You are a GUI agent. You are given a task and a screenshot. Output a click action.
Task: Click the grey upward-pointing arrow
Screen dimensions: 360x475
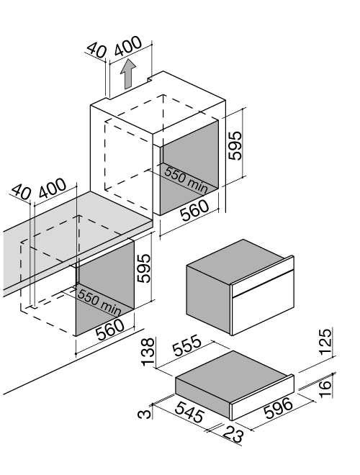[127, 74]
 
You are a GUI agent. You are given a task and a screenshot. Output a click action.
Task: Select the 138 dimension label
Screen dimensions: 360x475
[148, 352]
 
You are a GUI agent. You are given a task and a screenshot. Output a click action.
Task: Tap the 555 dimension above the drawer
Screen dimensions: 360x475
[186, 345]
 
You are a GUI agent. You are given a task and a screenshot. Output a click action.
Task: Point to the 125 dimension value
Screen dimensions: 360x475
[325, 341]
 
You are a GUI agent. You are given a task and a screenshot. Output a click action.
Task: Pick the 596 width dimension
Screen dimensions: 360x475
[278, 408]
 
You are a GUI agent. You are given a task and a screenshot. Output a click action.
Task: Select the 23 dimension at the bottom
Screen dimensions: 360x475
[233, 435]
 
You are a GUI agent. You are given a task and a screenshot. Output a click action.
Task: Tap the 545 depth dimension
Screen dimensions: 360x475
[189, 412]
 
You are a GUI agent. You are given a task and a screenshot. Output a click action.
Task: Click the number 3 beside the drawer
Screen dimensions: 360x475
[144, 414]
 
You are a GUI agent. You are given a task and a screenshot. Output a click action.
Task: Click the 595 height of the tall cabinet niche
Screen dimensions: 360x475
[235, 145]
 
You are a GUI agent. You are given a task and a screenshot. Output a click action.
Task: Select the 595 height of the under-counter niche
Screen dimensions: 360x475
[143, 268]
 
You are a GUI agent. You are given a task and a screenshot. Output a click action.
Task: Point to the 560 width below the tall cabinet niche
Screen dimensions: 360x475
[194, 211]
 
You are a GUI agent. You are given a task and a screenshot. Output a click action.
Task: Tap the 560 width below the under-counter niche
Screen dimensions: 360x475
[109, 330]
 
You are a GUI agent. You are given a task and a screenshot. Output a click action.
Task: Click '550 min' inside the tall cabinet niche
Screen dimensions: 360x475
[186, 180]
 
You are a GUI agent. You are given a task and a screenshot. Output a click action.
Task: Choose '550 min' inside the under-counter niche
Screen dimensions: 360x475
[99, 302]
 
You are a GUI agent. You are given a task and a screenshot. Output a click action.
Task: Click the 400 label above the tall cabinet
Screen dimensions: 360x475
[128, 46]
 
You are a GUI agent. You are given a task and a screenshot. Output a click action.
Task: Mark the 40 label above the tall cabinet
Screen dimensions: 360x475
[96, 50]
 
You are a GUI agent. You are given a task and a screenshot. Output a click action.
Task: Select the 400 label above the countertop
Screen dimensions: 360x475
[52, 189]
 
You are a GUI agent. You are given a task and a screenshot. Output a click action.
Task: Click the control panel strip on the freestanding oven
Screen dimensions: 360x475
[262, 277]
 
